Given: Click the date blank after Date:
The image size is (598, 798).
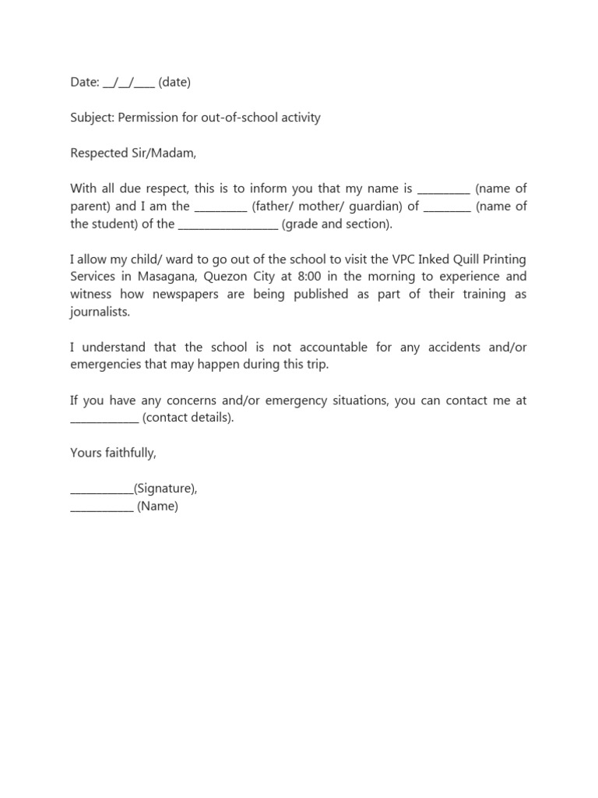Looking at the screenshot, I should click(x=128, y=83).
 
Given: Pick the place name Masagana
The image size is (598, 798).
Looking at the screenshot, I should click(x=171, y=277).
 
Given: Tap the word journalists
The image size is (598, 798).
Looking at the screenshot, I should click(x=100, y=312).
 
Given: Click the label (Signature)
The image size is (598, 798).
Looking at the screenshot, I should click(x=165, y=489).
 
